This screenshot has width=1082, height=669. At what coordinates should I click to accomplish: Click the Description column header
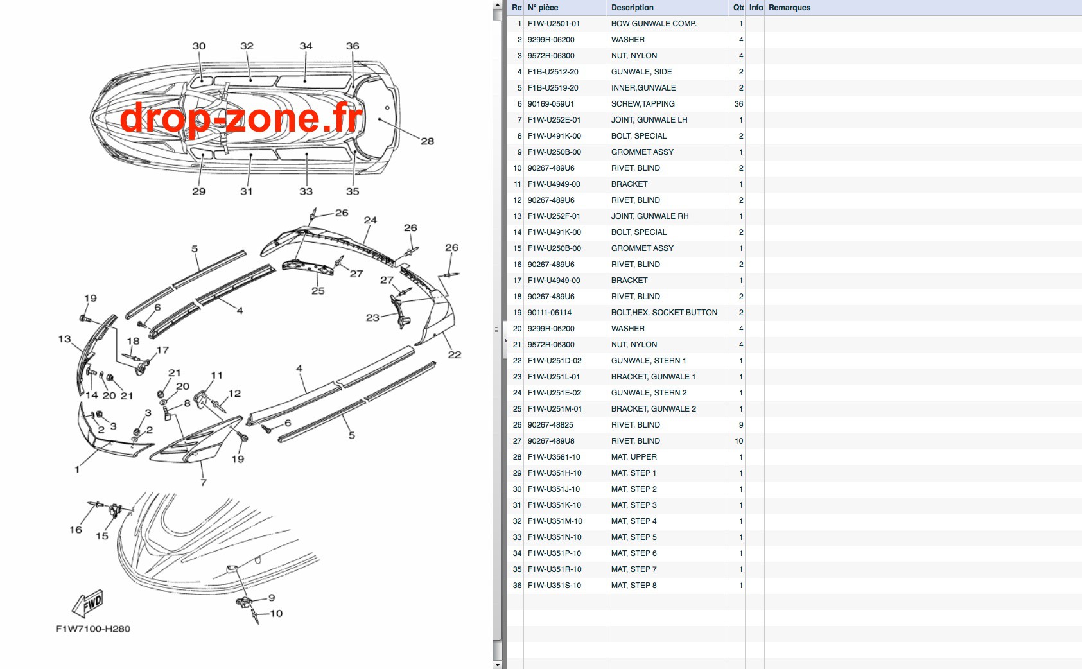pyautogui.click(x=632, y=8)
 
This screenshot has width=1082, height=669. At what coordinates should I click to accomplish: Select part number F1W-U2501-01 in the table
pyautogui.click(x=554, y=24)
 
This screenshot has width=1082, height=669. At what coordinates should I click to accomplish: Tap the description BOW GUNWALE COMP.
pyautogui.click(x=654, y=24)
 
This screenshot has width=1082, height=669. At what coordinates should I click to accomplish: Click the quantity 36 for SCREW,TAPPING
pyautogui.click(x=738, y=104)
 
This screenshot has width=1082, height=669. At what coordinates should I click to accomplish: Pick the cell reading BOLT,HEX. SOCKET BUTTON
pyautogui.click(x=664, y=313)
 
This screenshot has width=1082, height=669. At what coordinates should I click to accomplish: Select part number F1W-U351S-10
pyautogui.click(x=554, y=586)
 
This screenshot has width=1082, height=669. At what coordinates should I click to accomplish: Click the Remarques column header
pyautogui.click(x=789, y=8)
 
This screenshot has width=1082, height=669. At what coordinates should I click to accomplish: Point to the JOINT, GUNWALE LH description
pyautogui.click(x=649, y=120)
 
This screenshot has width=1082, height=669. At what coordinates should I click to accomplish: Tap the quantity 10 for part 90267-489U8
pyautogui.click(x=738, y=441)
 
